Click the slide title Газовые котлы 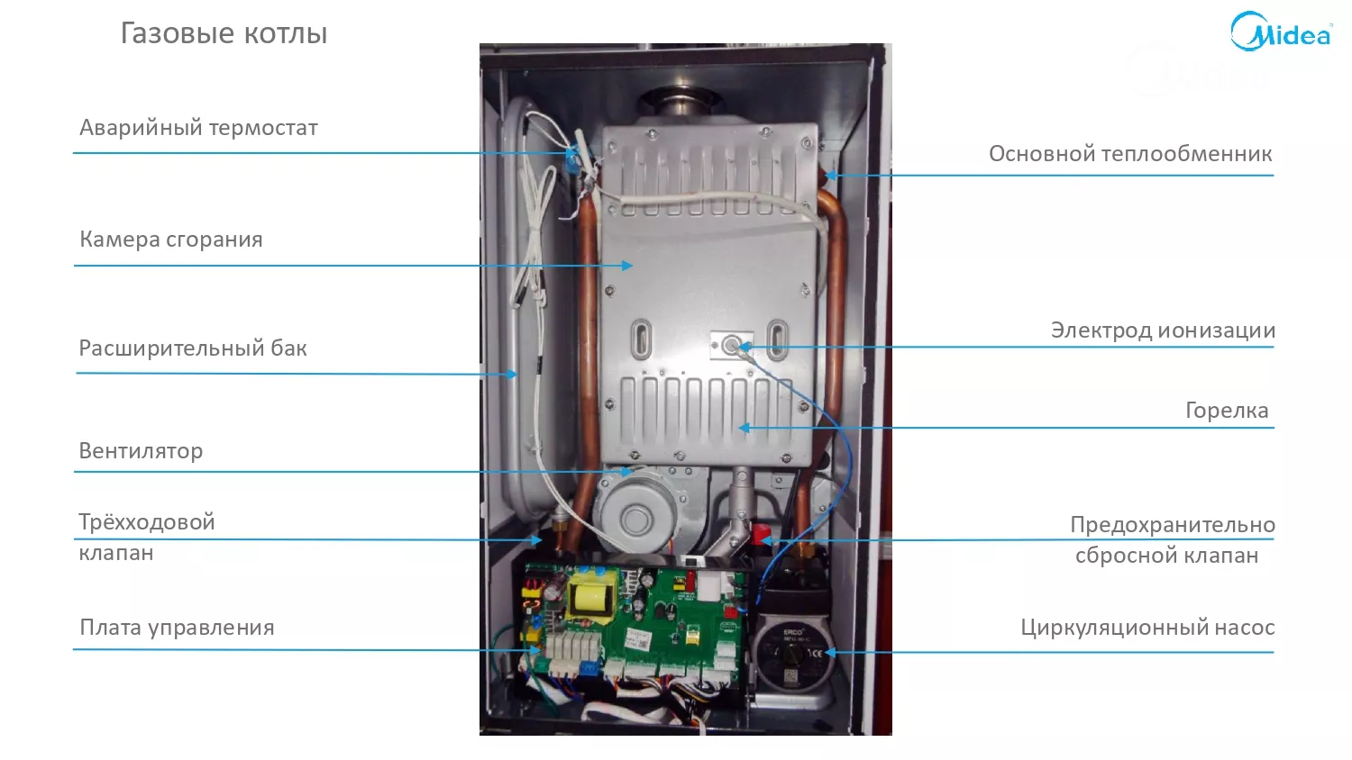coord(224,34)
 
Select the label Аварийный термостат coord(198,129)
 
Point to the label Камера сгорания coord(171,240)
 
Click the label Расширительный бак coord(193,348)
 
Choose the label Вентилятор coord(141,450)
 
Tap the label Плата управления coord(177,628)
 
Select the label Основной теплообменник coord(1130,154)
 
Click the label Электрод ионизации coord(1163,330)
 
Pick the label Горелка coord(1227,411)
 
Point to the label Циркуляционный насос coord(1148,628)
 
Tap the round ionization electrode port coord(731,346)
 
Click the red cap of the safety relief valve coord(761,534)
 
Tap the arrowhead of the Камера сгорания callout coord(627,266)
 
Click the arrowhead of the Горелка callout coord(745,428)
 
